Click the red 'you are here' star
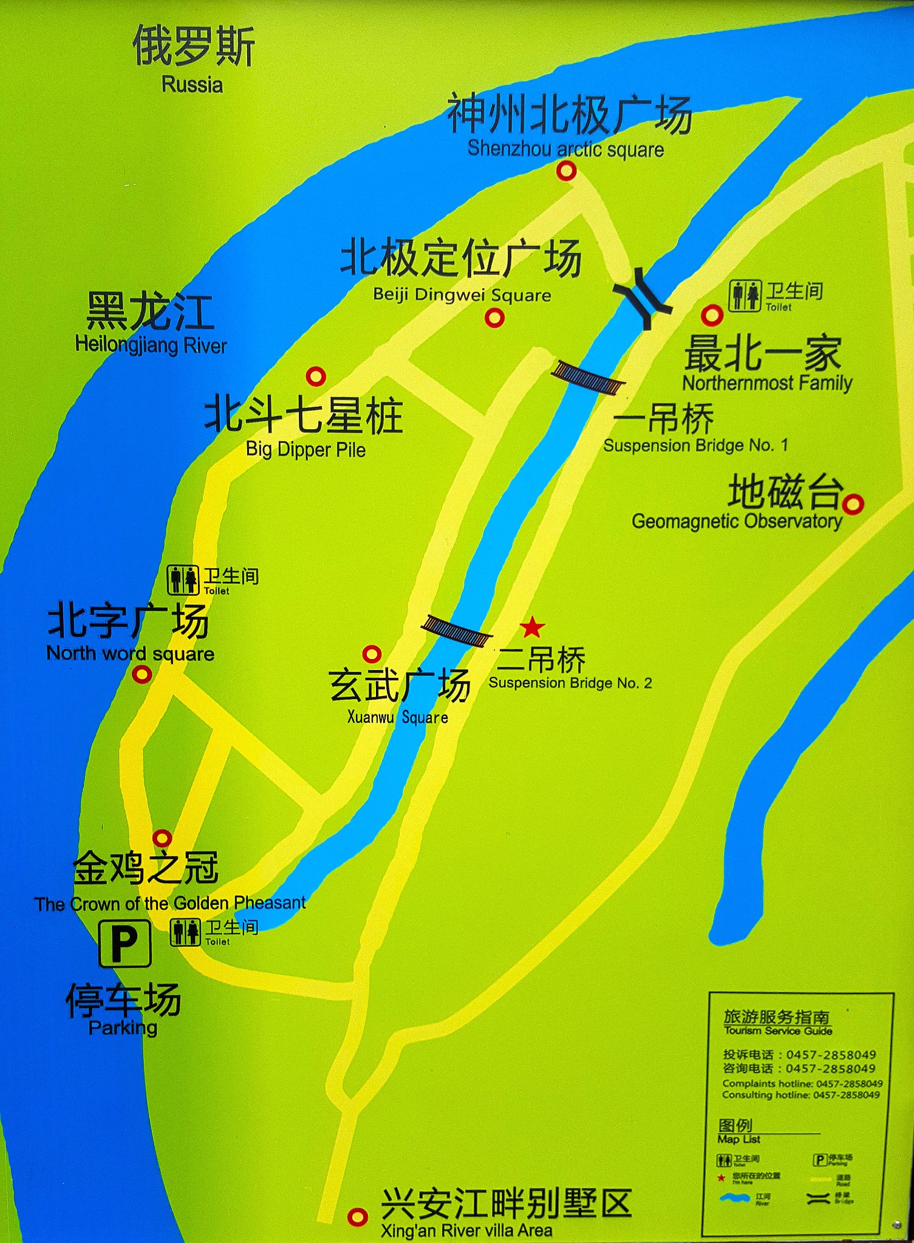click(532, 627)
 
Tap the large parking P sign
click(125, 943)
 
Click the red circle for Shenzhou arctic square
click(566, 171)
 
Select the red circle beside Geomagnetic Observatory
click(853, 504)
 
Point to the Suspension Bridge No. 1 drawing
click(588, 378)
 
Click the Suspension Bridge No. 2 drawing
click(457, 631)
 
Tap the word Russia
click(192, 84)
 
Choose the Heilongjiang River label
click(151, 345)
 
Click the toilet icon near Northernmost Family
click(745, 296)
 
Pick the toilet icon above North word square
click(183, 580)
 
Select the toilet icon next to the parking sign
click(185, 932)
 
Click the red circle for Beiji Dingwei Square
click(495, 317)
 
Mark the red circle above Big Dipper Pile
click(316, 376)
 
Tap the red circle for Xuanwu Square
click(372, 654)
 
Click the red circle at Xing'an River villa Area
click(357, 1216)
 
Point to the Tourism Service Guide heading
click(777, 1030)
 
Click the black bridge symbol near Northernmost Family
click(643, 298)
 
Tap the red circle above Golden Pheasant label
click(162, 838)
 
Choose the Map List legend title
click(738, 1139)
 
